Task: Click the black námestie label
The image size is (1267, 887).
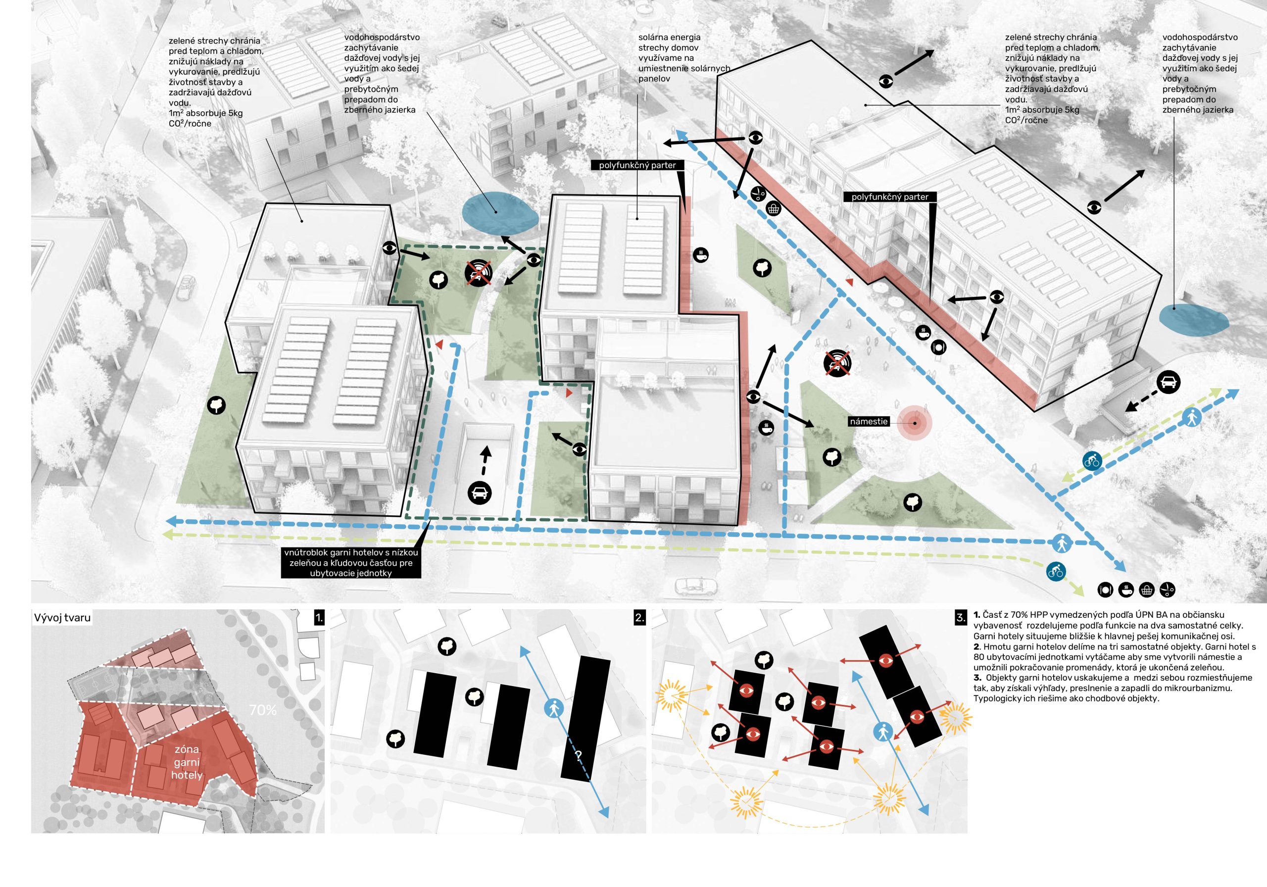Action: pyautogui.click(x=869, y=422)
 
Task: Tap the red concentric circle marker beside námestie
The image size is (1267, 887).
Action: pyautogui.click(x=915, y=424)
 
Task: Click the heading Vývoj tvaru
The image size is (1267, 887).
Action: pyautogui.click(x=62, y=618)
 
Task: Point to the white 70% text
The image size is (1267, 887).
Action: pyautogui.click(x=263, y=710)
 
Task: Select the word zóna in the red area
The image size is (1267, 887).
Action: pyautogui.click(x=187, y=749)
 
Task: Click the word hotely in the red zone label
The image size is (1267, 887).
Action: pyautogui.click(x=187, y=775)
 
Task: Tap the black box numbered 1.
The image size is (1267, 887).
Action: pyautogui.click(x=318, y=618)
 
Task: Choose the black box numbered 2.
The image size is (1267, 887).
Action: pyautogui.click(x=639, y=618)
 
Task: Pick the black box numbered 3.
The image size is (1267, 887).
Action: pyautogui.click(x=961, y=618)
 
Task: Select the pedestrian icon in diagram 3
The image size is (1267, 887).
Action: pyautogui.click(x=883, y=733)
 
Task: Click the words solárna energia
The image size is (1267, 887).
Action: pyautogui.click(x=669, y=38)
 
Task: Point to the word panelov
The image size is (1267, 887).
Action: pyautogui.click(x=654, y=79)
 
